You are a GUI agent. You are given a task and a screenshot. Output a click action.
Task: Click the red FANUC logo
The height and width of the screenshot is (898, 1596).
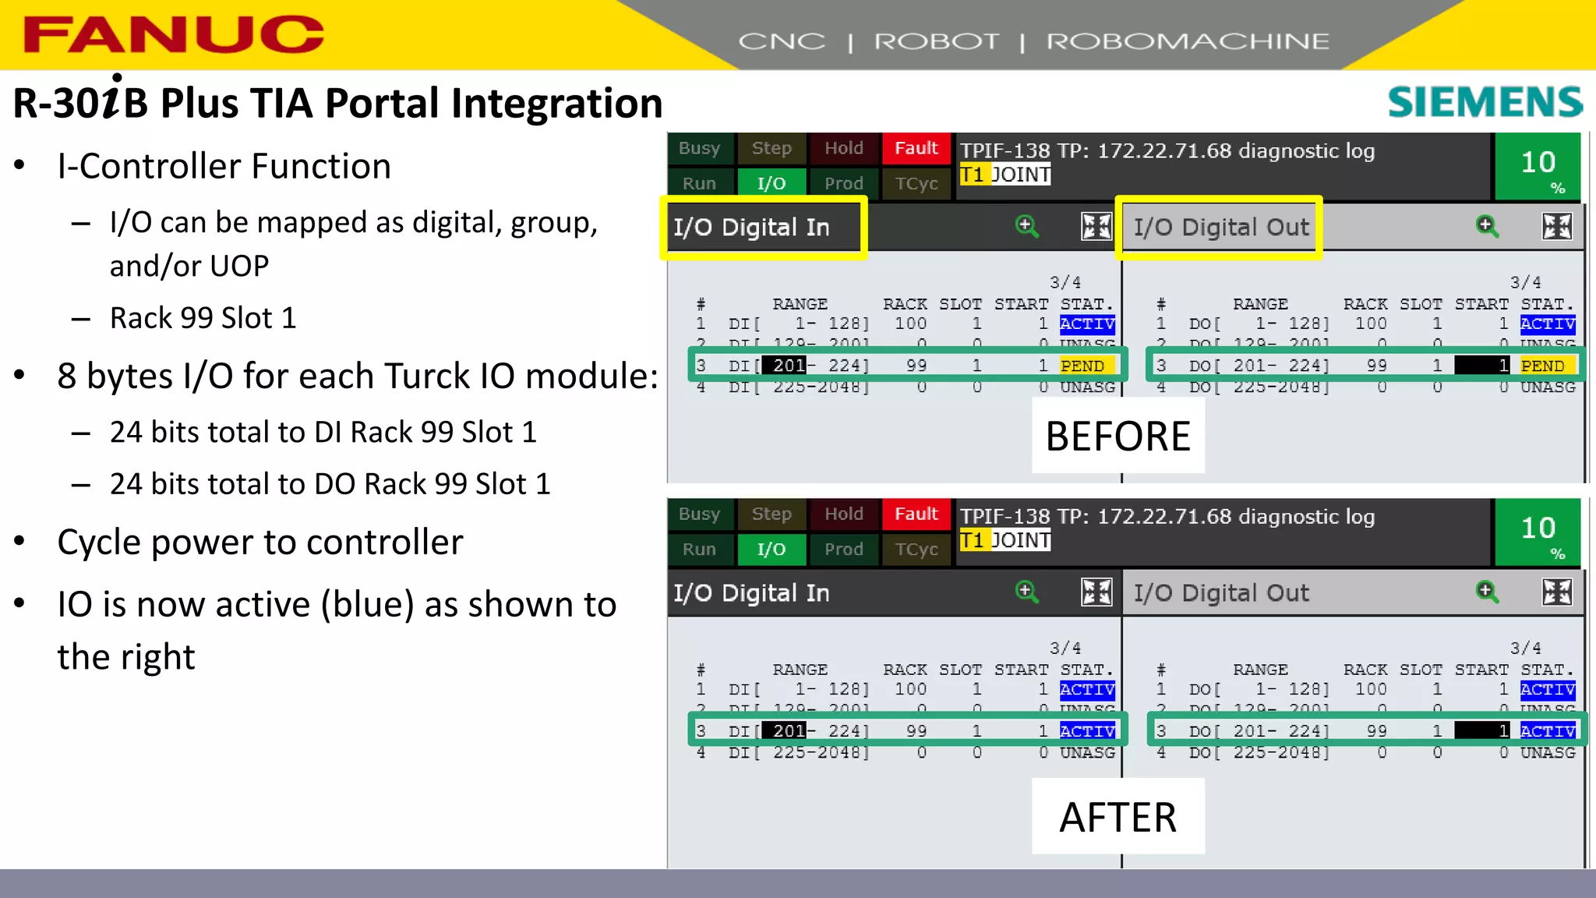[x=173, y=35]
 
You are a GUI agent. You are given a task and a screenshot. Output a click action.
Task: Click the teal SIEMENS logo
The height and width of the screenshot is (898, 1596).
[x=1485, y=102]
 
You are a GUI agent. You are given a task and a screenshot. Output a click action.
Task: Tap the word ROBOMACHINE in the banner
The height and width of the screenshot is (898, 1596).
[x=1187, y=41]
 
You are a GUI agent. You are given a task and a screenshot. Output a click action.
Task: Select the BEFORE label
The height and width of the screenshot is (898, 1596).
[x=1118, y=437]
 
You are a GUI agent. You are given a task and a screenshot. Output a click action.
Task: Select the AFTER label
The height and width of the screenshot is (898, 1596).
[x=1118, y=818]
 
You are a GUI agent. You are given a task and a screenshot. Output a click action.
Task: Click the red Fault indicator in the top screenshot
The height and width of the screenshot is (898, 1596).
[x=916, y=148]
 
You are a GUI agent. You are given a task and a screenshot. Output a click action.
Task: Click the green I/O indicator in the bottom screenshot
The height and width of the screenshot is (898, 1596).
[x=772, y=549]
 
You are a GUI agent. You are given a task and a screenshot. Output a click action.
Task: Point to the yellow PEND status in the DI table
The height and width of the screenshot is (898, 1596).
[x=1082, y=366]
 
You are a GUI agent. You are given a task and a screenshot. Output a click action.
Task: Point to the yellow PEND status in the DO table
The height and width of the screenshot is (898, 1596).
[x=1542, y=366]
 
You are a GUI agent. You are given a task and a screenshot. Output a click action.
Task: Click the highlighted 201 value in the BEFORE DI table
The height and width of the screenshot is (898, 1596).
[x=788, y=366]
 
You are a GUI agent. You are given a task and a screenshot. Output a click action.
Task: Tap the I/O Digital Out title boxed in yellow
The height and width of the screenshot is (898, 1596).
[x=1220, y=227]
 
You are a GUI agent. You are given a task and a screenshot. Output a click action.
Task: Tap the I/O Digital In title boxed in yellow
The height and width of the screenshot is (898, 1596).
[x=751, y=227]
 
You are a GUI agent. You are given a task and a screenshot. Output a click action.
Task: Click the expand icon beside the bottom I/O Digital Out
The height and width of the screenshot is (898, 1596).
[x=1556, y=592]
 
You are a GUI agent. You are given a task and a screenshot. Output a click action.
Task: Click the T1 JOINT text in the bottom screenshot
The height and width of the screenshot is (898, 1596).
[x=1005, y=540]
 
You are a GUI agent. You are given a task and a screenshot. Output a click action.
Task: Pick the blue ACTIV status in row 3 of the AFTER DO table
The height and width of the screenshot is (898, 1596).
[x=1548, y=731]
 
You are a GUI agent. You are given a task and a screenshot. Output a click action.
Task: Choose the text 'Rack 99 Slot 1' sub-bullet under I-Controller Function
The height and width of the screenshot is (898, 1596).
[x=203, y=318]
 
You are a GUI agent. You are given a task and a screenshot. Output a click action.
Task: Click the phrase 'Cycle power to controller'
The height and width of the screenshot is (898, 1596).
[x=260, y=542]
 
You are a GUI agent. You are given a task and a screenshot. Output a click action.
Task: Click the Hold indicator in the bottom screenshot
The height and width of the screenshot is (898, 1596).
[x=844, y=514]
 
